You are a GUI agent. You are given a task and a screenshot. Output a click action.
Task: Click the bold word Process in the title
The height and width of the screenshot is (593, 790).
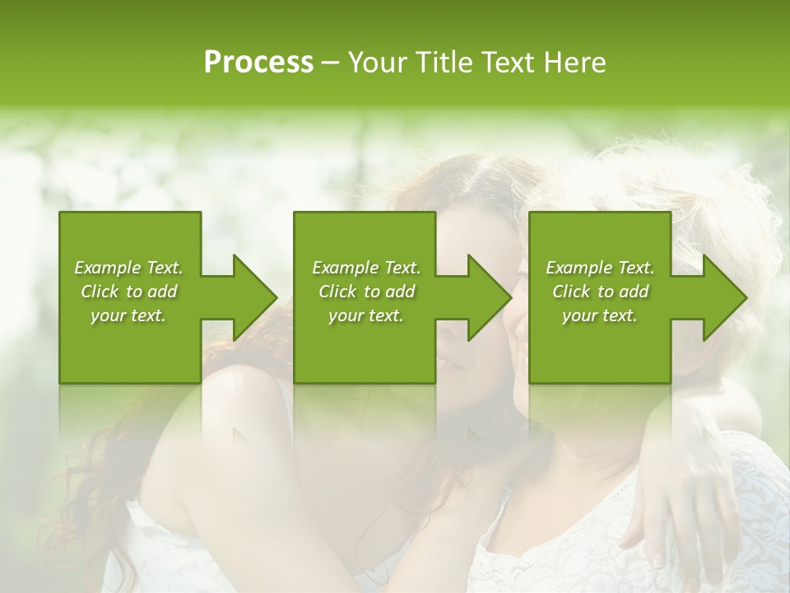(x=258, y=63)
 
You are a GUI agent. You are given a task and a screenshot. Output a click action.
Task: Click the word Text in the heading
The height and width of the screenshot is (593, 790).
(x=504, y=63)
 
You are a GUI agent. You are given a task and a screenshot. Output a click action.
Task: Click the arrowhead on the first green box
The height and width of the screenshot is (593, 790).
(x=248, y=297)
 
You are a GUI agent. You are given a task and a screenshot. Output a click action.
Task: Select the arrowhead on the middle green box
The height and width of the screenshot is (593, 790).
(x=483, y=297)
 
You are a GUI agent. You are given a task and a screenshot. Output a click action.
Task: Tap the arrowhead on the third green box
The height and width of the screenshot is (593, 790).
(x=718, y=297)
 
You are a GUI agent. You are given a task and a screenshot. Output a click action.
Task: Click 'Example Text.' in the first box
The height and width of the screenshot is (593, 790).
(x=128, y=268)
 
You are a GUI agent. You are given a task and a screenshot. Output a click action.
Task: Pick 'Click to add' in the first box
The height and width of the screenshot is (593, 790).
(x=128, y=292)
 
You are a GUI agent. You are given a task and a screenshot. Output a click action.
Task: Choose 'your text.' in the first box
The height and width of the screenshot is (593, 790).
(x=128, y=315)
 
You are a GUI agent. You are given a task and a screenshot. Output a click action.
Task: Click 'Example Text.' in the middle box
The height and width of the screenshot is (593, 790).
(x=366, y=268)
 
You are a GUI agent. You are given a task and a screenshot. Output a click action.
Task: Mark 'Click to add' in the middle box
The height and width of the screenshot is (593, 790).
(x=366, y=292)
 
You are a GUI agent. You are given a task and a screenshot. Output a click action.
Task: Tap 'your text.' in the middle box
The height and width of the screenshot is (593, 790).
(x=366, y=315)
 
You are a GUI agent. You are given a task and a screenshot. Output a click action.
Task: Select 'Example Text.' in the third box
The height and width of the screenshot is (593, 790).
(x=600, y=268)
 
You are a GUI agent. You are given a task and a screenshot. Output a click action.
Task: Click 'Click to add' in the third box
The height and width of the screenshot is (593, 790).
(x=600, y=292)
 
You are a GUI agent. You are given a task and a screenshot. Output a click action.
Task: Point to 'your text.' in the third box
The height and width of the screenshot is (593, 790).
(x=600, y=315)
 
